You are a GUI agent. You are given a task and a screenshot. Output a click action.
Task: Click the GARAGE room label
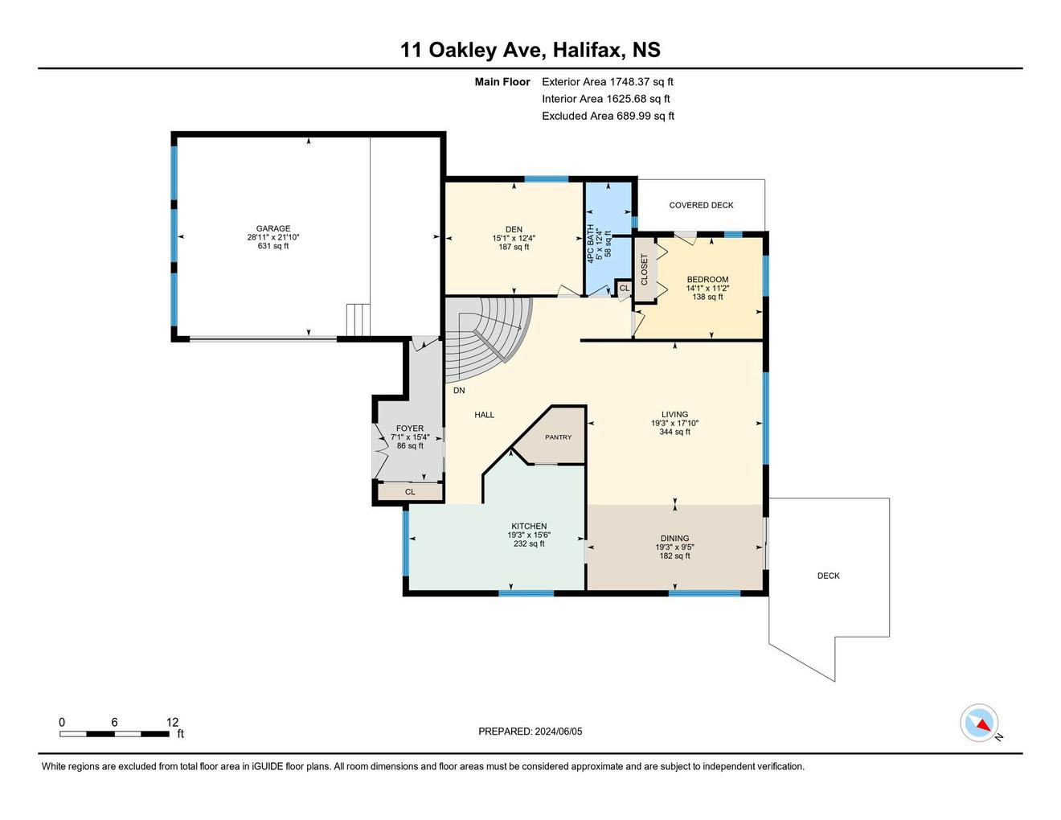273,228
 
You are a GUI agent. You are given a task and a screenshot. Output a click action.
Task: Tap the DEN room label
514,229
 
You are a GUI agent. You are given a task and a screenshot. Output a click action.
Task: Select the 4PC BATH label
591,244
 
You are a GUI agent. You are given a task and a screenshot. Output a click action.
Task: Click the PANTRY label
558,437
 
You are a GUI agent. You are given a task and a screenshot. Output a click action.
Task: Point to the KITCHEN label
529,526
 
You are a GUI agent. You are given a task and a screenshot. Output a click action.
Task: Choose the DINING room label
675,538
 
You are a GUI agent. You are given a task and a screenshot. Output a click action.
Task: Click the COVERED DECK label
701,205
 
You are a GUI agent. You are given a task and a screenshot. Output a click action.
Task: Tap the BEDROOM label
707,279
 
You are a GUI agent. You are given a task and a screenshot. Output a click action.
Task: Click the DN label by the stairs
459,390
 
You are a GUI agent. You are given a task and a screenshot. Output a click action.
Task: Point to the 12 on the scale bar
172,722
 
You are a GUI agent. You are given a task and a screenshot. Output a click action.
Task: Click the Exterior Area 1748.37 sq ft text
608,81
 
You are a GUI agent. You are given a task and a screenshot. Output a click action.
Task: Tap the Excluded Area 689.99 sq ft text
608,116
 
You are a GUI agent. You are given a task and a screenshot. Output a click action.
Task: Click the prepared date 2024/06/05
559,731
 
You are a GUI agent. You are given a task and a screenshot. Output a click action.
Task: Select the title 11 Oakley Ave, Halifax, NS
530,50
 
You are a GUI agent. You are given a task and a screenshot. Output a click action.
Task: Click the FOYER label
410,428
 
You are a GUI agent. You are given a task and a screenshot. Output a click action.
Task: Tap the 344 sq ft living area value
675,432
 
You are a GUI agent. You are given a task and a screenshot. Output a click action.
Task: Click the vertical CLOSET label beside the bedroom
644,269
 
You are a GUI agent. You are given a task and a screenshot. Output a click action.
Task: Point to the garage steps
358,319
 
